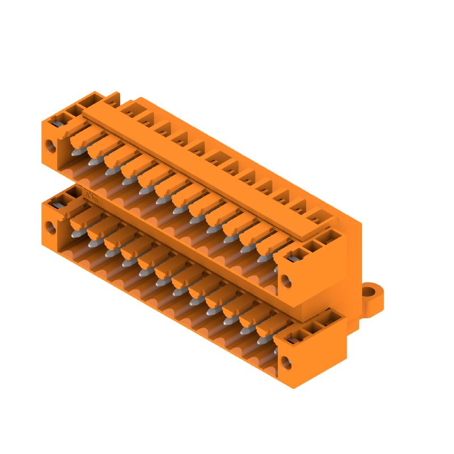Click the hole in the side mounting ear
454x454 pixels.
click(x=372, y=294)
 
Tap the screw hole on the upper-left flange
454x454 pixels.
click(x=51, y=145)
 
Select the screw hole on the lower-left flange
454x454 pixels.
click(x=51, y=228)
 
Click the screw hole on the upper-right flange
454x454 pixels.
click(x=286, y=280)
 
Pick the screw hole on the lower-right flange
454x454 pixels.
click(x=286, y=362)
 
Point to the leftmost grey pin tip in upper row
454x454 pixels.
click(x=75, y=152)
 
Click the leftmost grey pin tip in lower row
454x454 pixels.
click(x=75, y=233)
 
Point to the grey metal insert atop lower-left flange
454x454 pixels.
click(x=56, y=203)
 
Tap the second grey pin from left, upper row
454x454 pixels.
click(x=93, y=162)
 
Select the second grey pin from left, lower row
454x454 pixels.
click(x=93, y=242)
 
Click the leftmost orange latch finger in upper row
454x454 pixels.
click(x=85, y=136)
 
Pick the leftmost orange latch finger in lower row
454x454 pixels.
click(x=85, y=217)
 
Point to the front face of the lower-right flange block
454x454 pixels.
click(x=295, y=358)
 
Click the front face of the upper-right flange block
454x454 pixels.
click(x=295, y=275)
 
